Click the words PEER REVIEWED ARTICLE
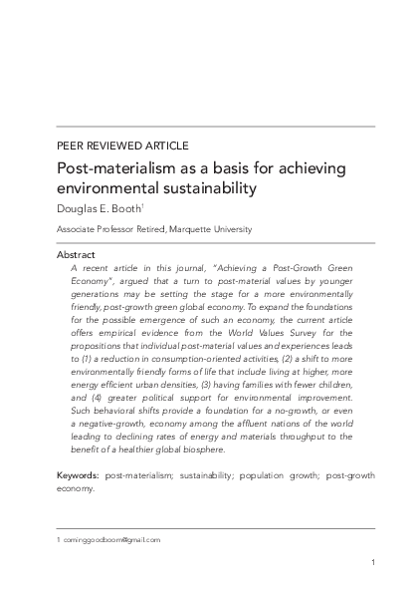pyautogui.click(x=122, y=146)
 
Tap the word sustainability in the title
pyautogui.click(x=200, y=186)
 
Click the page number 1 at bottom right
pyautogui.click(x=372, y=564)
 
